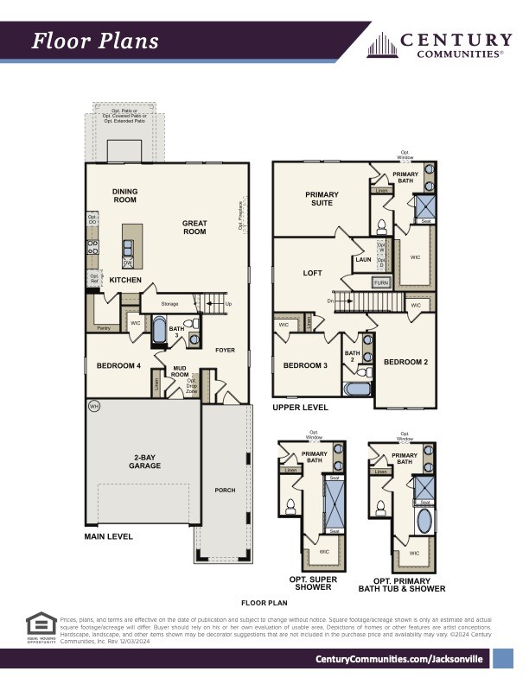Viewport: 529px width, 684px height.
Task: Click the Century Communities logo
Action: pos(440,44)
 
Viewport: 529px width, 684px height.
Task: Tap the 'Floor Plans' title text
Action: pos(95,41)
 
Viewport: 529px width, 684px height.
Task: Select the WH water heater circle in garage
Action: pos(92,406)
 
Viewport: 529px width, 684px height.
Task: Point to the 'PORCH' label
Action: pos(225,490)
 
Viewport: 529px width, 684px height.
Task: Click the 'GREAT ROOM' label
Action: pos(194,227)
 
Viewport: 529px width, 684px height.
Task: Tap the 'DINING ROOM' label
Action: pos(124,196)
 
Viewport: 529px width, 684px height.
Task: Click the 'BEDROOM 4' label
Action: pos(118,366)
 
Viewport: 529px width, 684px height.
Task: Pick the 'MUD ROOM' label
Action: pos(180,371)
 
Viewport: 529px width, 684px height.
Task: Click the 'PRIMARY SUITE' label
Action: pos(322,199)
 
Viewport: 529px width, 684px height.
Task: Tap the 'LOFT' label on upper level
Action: pos(312,273)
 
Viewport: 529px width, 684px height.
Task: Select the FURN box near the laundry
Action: pos(380,282)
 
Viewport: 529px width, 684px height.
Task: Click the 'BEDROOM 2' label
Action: pos(405,362)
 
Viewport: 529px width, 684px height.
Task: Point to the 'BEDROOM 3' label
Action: pos(305,365)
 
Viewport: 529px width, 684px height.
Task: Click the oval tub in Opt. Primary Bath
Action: pos(424,522)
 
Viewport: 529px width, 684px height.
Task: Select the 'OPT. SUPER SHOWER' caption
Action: pos(313,583)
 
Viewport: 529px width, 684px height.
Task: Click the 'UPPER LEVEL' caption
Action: pos(300,407)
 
